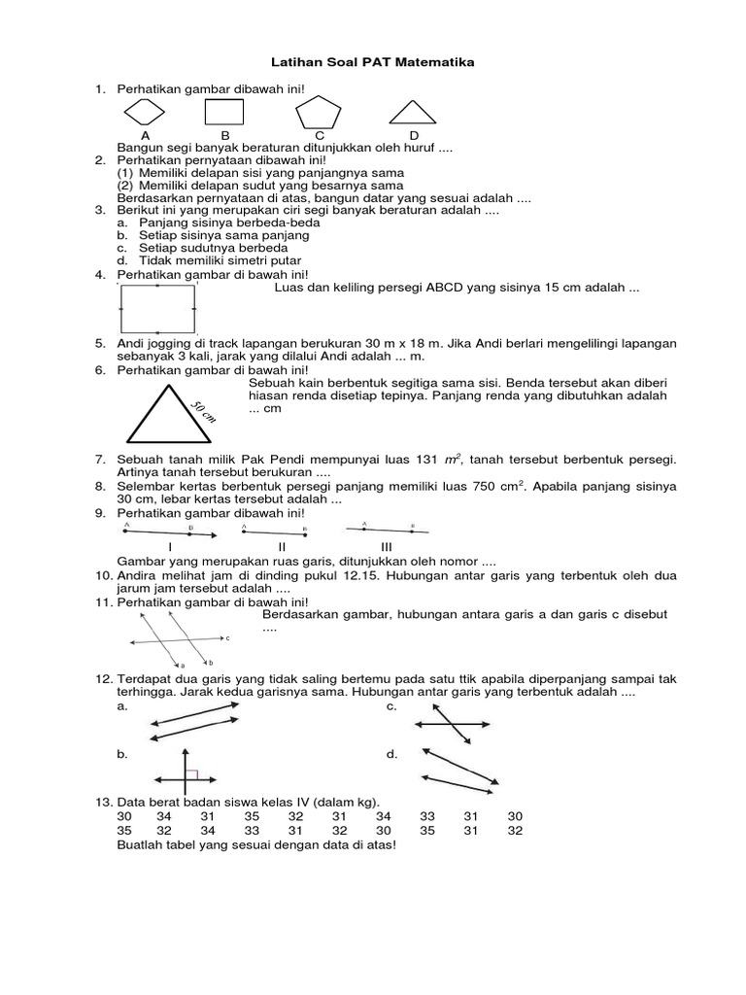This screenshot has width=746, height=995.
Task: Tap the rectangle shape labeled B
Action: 224,113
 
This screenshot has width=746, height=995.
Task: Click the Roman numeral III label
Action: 386,547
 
